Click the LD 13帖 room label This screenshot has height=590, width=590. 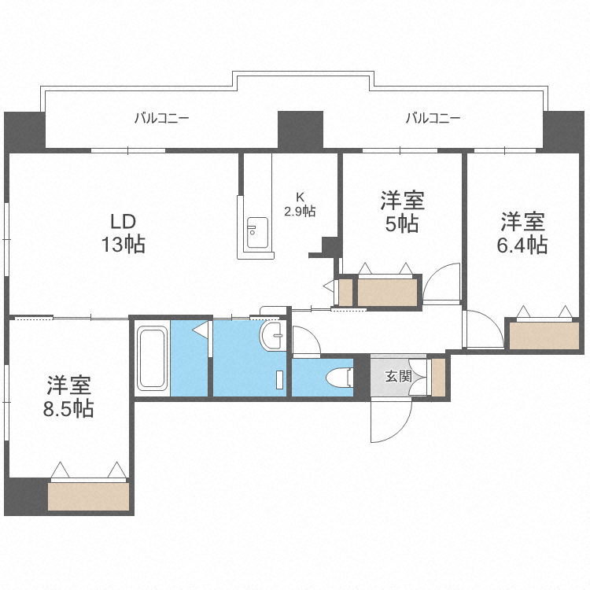point(122,232)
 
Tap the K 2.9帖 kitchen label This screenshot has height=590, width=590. point(300,204)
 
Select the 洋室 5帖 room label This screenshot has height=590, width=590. point(402,212)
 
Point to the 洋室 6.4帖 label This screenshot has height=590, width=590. point(522,232)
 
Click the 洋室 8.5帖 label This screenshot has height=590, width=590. point(69,397)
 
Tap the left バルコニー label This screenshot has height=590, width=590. point(161,119)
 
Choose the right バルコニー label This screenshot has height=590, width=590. point(433,119)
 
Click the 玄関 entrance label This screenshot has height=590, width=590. point(397,376)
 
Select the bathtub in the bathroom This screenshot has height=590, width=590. point(153,359)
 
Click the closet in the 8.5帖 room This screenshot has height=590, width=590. point(88,496)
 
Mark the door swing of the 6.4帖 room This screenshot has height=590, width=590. point(481,330)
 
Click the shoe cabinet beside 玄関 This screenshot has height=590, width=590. point(438,377)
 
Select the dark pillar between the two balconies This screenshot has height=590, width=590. point(301,130)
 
